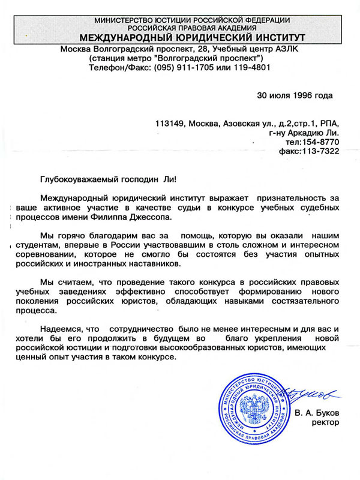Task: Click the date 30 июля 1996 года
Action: coord(294,95)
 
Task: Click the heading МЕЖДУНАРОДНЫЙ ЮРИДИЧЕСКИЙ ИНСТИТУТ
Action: coord(180,37)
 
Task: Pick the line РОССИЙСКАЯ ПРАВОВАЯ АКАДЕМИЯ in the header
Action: coord(180,28)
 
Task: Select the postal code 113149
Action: coord(169,124)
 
